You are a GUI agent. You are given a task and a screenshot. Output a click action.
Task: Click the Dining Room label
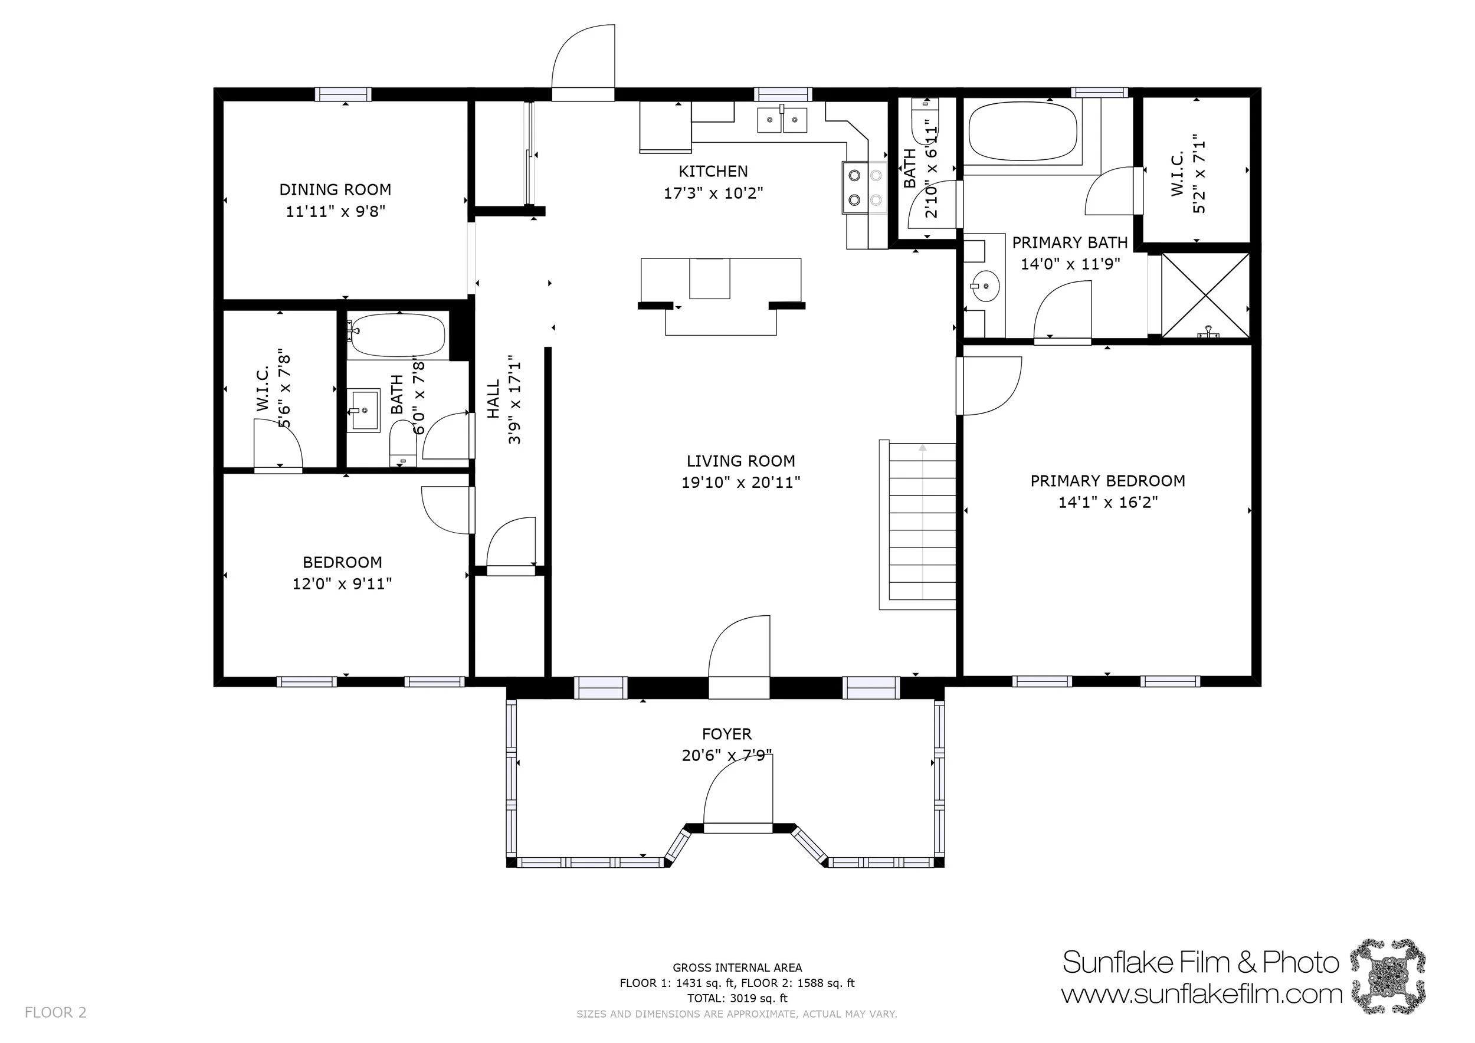[335, 189]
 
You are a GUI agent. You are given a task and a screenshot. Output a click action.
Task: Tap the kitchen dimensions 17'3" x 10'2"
[713, 193]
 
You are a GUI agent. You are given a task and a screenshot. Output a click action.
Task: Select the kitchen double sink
[782, 119]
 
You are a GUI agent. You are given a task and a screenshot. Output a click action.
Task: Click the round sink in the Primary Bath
[984, 283]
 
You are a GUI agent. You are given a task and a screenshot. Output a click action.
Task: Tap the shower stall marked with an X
[1205, 295]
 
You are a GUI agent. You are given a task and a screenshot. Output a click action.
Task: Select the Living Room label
[740, 461]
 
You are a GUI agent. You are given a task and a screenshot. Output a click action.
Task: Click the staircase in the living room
[917, 524]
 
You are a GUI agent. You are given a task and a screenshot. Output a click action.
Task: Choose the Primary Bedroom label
[1107, 481]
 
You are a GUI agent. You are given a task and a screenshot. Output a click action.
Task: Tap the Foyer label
[726, 734]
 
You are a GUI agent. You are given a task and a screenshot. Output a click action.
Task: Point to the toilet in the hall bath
[403, 443]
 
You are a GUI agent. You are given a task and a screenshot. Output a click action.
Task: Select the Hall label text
[493, 399]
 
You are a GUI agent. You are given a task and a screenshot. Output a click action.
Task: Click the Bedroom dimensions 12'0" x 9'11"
[342, 584]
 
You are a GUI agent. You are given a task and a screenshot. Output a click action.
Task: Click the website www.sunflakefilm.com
[1201, 995]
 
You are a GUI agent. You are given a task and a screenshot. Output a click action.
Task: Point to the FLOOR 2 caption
[55, 1013]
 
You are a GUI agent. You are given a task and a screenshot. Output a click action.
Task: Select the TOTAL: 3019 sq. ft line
[737, 998]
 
